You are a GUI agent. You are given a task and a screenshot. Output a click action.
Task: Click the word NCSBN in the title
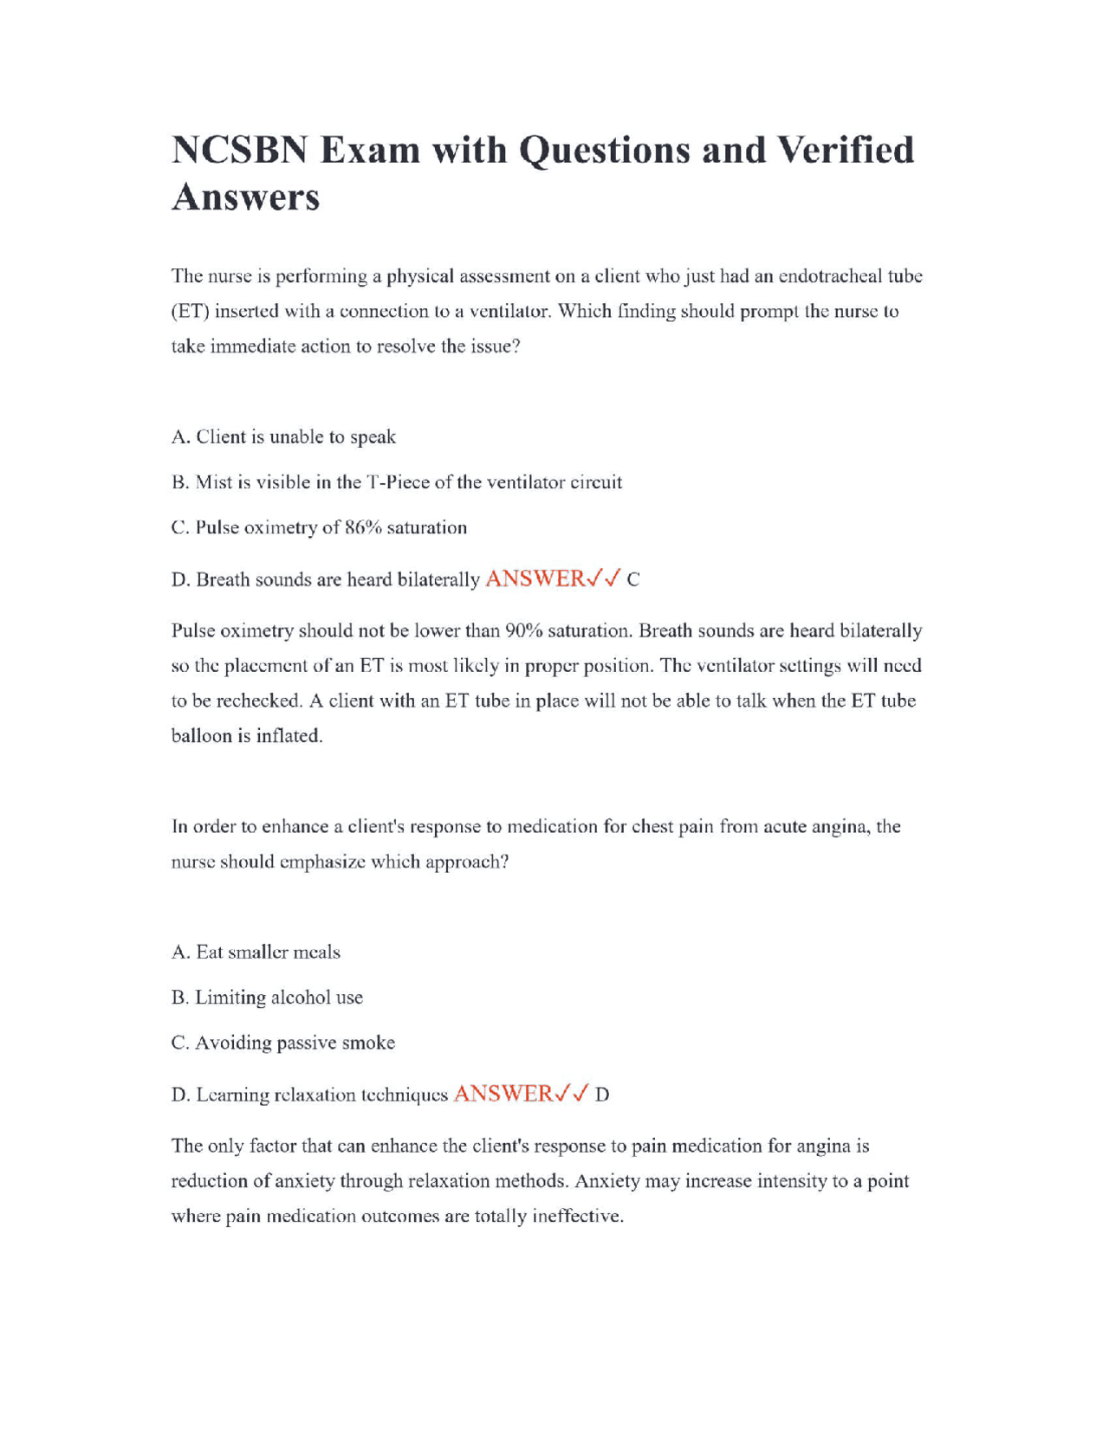239,150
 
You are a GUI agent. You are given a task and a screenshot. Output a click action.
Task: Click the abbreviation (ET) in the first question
190,311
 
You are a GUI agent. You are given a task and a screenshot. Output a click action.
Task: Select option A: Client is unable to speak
283,436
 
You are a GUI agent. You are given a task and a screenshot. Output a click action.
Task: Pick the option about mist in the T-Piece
396,482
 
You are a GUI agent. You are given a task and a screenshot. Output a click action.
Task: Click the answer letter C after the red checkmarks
633,580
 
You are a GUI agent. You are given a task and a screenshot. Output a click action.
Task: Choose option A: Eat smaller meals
256,952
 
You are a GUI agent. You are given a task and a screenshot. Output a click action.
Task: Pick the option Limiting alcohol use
267,998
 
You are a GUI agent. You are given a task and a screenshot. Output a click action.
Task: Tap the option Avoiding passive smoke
282,1043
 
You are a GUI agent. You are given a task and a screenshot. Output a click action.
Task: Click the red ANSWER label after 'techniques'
503,1094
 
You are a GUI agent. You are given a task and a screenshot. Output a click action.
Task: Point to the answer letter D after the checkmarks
602,1095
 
